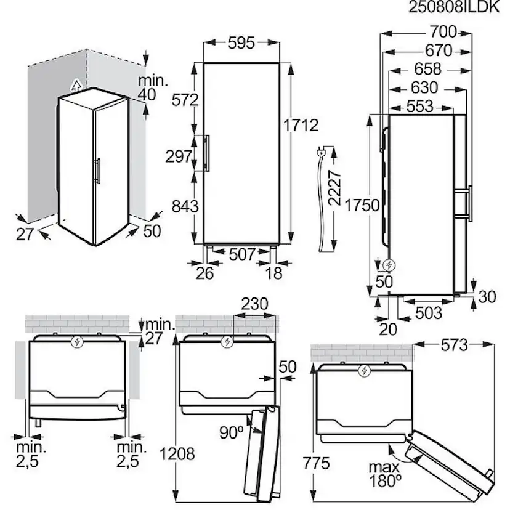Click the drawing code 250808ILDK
click(x=454, y=7)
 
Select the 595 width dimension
click(x=241, y=43)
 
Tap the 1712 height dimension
click(x=301, y=125)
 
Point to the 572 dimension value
click(x=185, y=100)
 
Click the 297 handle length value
click(x=179, y=156)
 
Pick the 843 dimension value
click(x=185, y=206)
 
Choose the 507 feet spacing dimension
click(x=242, y=254)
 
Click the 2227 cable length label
click(x=334, y=188)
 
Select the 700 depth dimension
click(x=443, y=32)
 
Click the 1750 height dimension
click(x=362, y=206)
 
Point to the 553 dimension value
click(x=420, y=107)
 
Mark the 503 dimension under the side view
click(x=429, y=313)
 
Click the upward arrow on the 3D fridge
click(x=76, y=85)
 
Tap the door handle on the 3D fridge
click(x=97, y=171)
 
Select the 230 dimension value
click(x=254, y=304)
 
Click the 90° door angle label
click(x=232, y=432)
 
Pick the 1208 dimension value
click(x=177, y=454)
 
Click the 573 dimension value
click(x=455, y=346)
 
